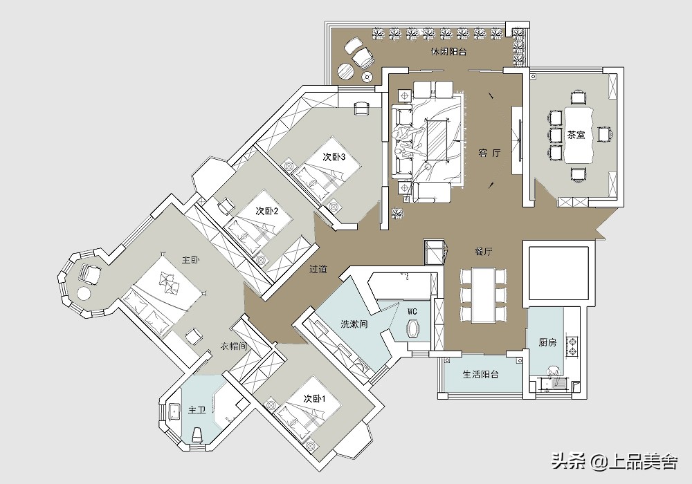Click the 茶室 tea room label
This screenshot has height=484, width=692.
click(576, 135)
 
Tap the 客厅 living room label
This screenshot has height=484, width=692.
click(489, 153)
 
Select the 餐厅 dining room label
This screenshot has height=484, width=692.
click(483, 252)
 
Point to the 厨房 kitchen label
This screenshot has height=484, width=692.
click(547, 342)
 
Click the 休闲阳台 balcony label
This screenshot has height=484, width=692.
click(448, 52)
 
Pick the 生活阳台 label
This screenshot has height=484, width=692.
click(481, 375)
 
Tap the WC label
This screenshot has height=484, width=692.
click(412, 312)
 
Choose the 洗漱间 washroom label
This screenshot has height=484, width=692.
click(354, 324)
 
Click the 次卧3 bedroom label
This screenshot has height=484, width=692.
click(334, 157)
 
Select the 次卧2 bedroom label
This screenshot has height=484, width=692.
click(266, 211)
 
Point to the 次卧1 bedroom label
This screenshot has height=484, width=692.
click(314, 398)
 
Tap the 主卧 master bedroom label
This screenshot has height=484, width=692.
click(191, 260)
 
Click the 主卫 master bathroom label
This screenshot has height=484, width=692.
click(197, 411)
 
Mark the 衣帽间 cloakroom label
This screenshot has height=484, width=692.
click(233, 346)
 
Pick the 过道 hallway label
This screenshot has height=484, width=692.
click(318, 268)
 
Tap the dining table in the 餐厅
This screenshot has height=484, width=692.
click(483, 295)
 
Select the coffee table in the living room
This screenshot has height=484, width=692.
click(436, 139)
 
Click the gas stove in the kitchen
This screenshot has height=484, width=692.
click(573, 346)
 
